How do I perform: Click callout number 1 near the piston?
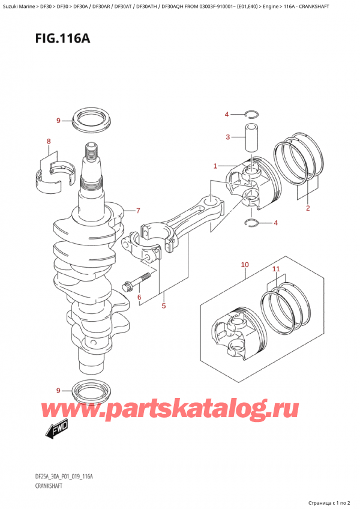[x=214, y=166]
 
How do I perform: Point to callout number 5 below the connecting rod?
[x=163, y=306]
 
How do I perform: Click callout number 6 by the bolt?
[x=139, y=297]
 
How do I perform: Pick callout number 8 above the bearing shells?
[x=49, y=142]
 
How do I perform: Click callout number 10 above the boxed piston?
[x=244, y=264]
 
